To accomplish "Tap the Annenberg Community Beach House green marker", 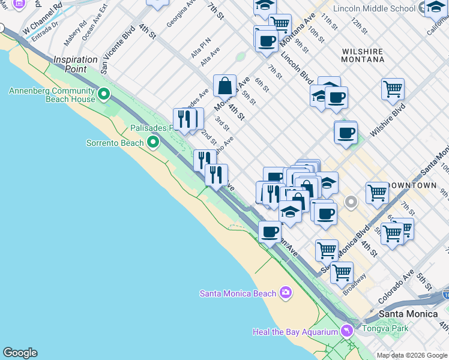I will pos(104,94).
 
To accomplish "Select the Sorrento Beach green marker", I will pos(153,142).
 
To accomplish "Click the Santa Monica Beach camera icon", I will pos(285,293).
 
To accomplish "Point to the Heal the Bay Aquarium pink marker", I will pos(347,331).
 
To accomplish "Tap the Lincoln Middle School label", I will pos(382,8).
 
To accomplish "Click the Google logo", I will pos(20,353).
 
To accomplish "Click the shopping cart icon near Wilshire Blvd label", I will pos(393,89).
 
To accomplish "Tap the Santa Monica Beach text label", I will pos(238,293).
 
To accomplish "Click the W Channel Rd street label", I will pos(42,19).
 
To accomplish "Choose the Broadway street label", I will pos(354,286).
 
